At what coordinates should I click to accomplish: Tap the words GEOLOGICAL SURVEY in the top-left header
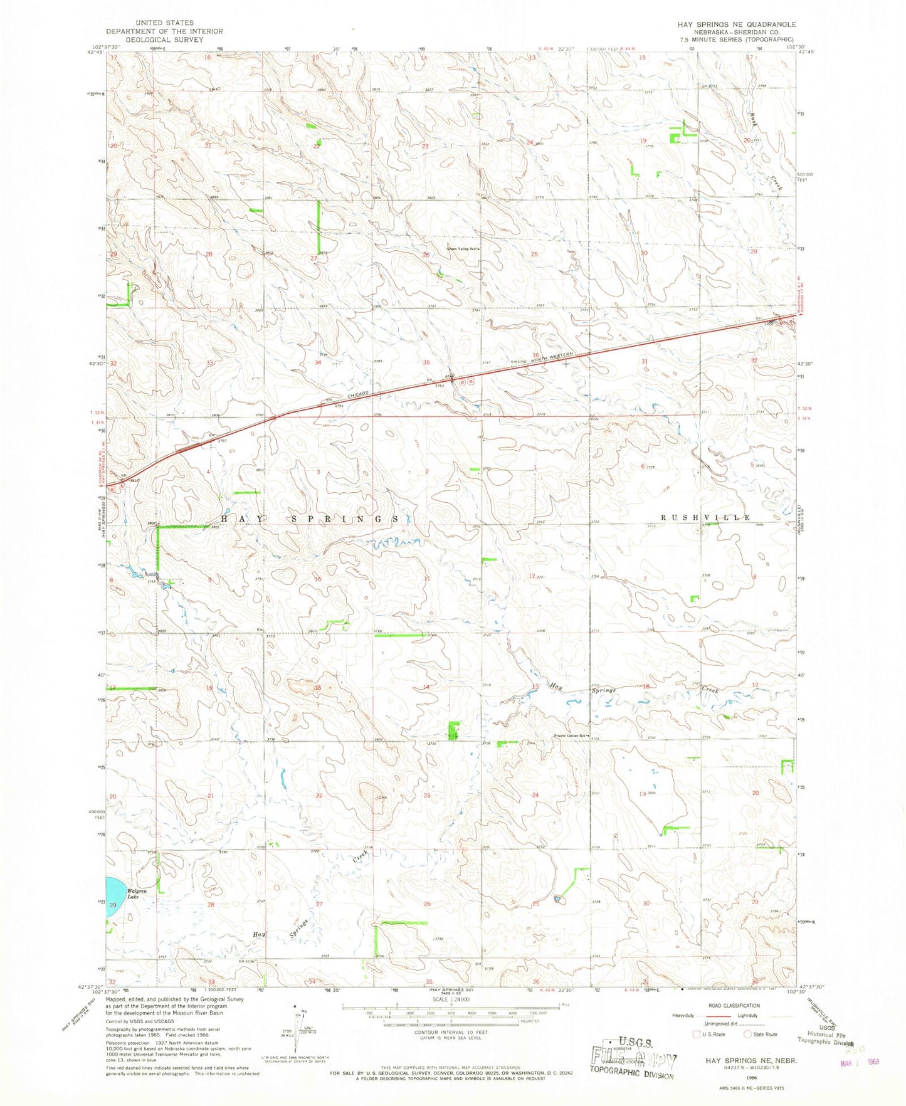pos(164,39)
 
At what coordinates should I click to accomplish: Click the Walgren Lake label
pos(137,893)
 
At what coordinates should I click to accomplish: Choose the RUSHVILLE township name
pos(706,517)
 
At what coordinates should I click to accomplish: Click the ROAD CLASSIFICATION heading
pos(732,1006)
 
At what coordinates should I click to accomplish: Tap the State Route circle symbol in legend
pos(747,1035)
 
